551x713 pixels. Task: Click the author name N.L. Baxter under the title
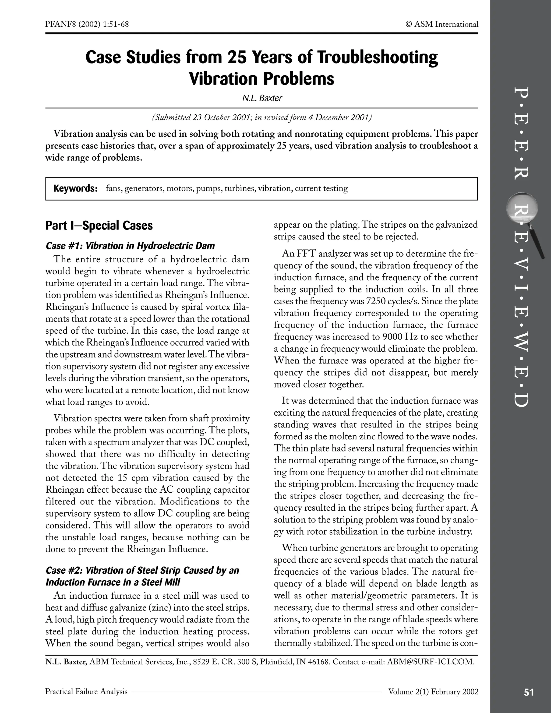pos(262,98)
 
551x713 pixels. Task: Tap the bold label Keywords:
pos(75,188)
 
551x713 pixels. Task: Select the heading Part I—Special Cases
pos(99,225)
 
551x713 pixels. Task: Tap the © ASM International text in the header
pos(442,24)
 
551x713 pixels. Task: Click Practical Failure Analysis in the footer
pos(86,691)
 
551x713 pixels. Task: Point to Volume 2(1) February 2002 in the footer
pos(433,691)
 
